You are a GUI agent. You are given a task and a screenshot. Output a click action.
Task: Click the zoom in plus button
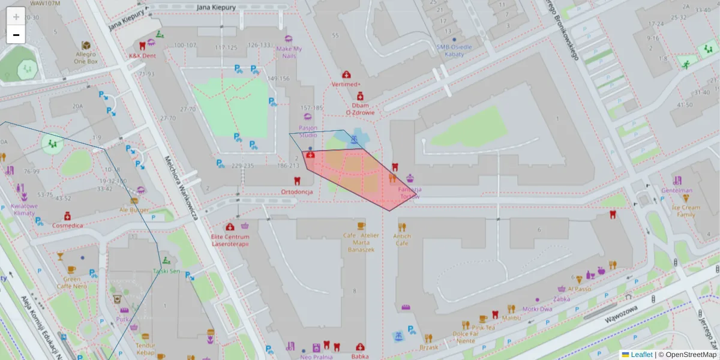click(x=16, y=16)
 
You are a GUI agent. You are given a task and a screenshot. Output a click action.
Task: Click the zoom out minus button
click(x=16, y=34)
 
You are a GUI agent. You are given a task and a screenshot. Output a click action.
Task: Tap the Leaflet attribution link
click(x=641, y=355)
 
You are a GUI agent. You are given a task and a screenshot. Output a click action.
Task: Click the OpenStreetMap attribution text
click(x=691, y=355)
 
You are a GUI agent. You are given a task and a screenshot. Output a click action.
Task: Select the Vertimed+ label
click(x=346, y=85)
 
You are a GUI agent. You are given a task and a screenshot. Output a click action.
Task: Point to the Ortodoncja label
click(x=297, y=192)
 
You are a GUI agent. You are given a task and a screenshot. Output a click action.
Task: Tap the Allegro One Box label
click(x=86, y=58)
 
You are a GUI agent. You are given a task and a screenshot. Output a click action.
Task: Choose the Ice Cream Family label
click(x=685, y=211)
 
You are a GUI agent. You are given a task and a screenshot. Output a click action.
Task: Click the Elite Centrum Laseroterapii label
click(x=230, y=240)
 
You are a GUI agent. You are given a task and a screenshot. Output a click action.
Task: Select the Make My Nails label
click(x=289, y=52)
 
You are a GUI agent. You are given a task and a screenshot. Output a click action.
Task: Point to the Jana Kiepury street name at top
click(x=216, y=7)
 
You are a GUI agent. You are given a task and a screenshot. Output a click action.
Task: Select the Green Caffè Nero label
click(x=71, y=283)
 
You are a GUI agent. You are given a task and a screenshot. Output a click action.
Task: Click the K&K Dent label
click(x=142, y=56)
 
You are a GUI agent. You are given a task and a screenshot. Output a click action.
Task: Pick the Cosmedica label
click(x=67, y=225)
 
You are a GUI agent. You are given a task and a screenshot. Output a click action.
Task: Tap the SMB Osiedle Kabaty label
click(x=454, y=50)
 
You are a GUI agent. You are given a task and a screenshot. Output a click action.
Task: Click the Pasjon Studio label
click(x=308, y=131)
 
